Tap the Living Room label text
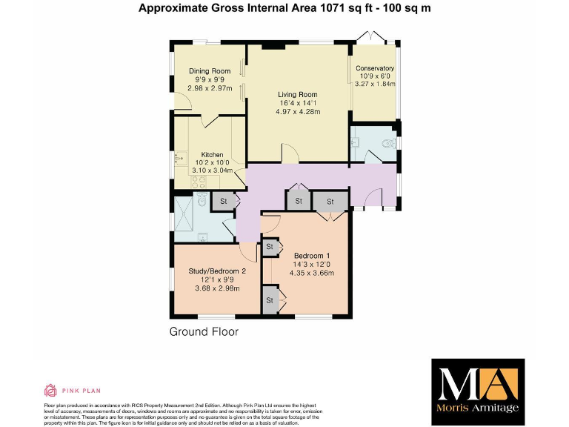coord(298,95)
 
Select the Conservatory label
coord(376,68)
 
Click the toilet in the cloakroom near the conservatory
coord(385,144)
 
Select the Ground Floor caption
coord(204,331)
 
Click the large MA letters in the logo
coord(478,383)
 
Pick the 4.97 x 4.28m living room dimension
coord(298,112)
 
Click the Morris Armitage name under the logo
coord(479,408)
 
